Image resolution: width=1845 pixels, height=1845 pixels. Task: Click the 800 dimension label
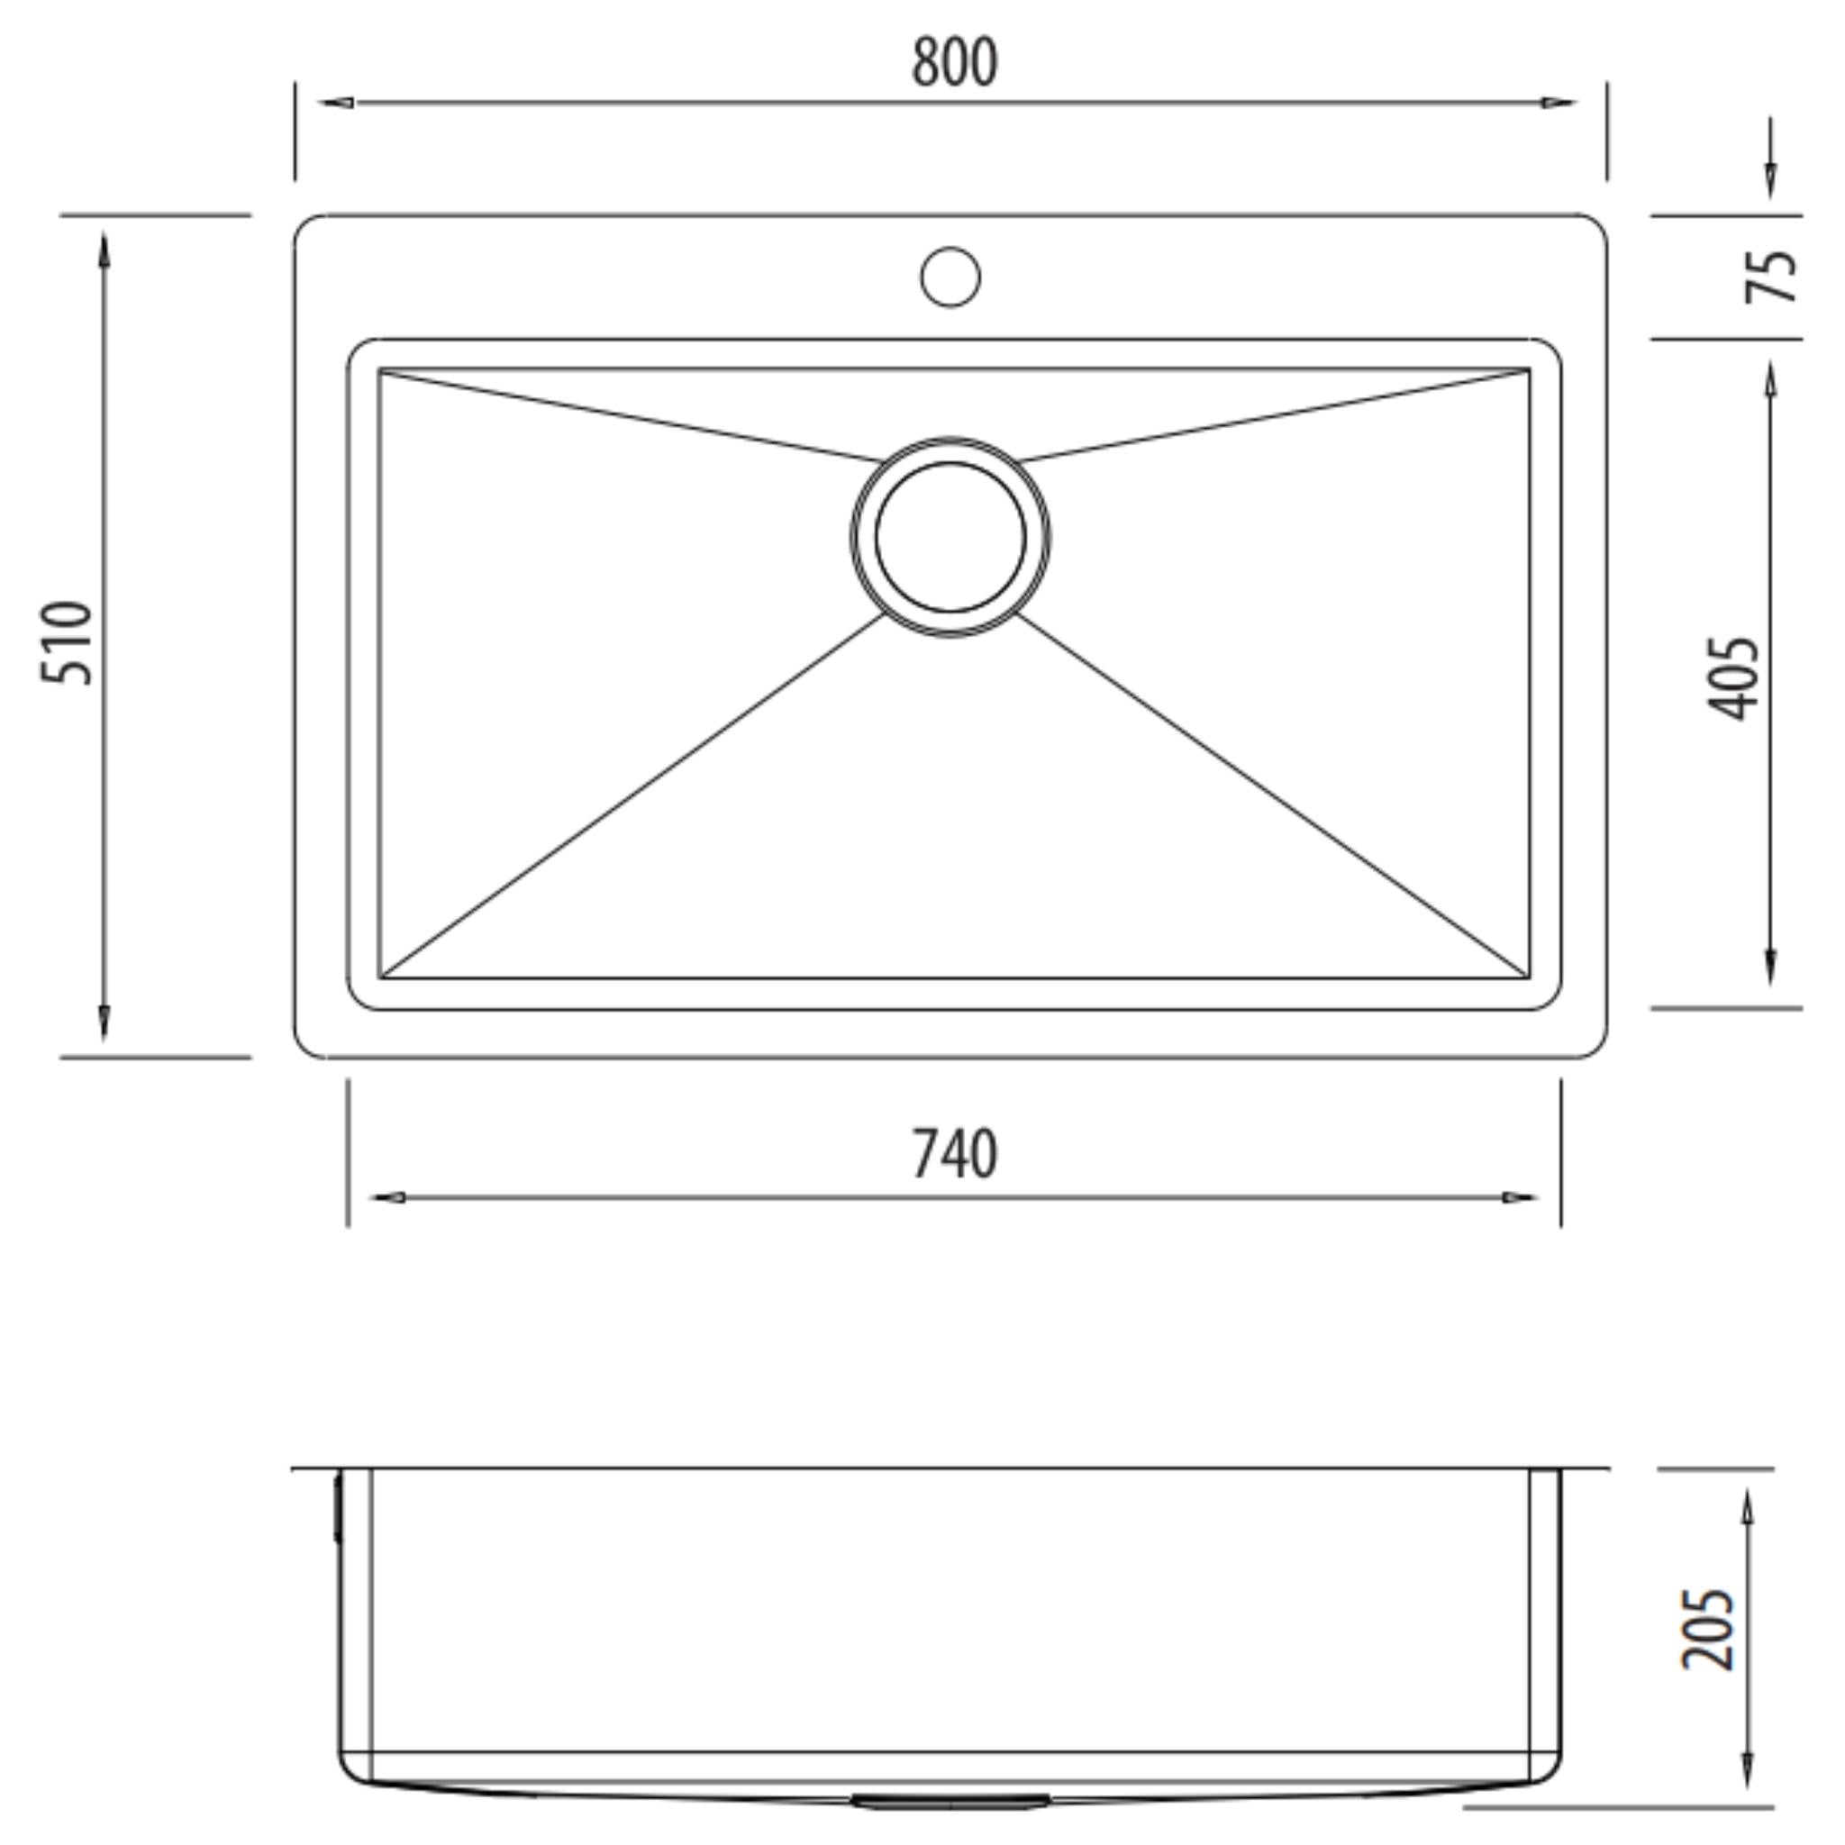click(x=954, y=63)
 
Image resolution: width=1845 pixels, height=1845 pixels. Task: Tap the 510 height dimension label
click(x=67, y=641)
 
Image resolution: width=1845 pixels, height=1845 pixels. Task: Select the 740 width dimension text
click(x=954, y=1155)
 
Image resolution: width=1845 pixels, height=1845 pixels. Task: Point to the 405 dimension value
click(x=1732, y=678)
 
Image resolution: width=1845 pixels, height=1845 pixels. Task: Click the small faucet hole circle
click(x=950, y=277)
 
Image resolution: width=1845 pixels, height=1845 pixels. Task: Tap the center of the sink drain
click(x=950, y=537)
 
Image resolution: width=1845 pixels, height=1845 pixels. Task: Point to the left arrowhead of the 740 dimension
click(x=387, y=1196)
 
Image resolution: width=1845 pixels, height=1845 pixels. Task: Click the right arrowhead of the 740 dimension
click(x=1518, y=1196)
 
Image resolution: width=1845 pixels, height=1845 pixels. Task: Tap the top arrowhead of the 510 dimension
click(x=103, y=250)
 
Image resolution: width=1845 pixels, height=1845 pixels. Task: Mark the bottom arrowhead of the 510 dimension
click(x=103, y=1022)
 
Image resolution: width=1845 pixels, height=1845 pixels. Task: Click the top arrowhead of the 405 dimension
click(x=1770, y=380)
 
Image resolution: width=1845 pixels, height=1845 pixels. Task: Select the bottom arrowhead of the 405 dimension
click(x=1770, y=967)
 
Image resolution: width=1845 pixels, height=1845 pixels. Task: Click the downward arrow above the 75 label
click(x=1770, y=179)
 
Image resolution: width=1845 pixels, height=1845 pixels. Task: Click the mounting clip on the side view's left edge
click(x=337, y=1509)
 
